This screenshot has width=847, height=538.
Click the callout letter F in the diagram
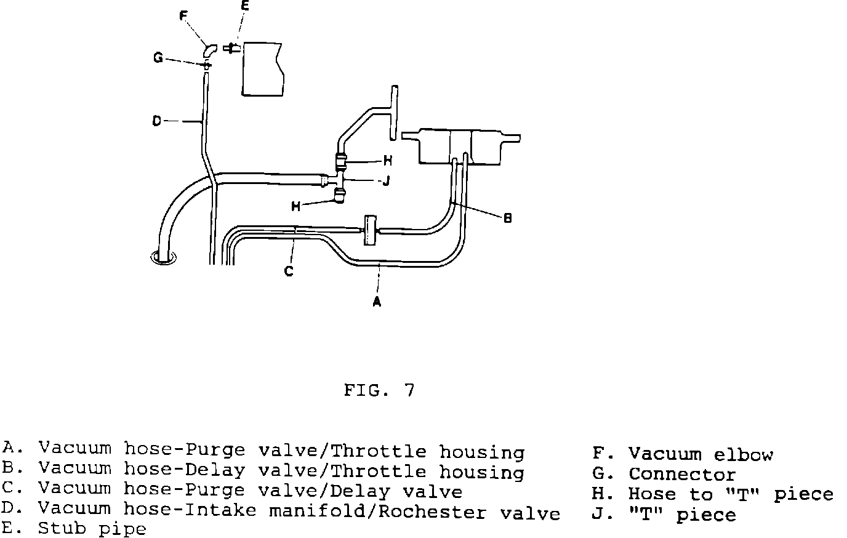pos(183,16)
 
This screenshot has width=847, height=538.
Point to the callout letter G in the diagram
pos(158,58)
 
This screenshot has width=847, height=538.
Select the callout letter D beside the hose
pos(156,121)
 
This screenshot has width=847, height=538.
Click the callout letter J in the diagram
pos(386,182)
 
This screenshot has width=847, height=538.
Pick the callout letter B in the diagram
pos(507,218)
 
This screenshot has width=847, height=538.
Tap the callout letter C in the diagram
pos(289,270)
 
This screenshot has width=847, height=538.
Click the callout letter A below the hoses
pos(377,302)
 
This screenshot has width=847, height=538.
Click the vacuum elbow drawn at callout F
pos(210,49)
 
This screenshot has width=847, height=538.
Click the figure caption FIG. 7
pos(379,390)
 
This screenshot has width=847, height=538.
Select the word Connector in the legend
pos(682,475)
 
